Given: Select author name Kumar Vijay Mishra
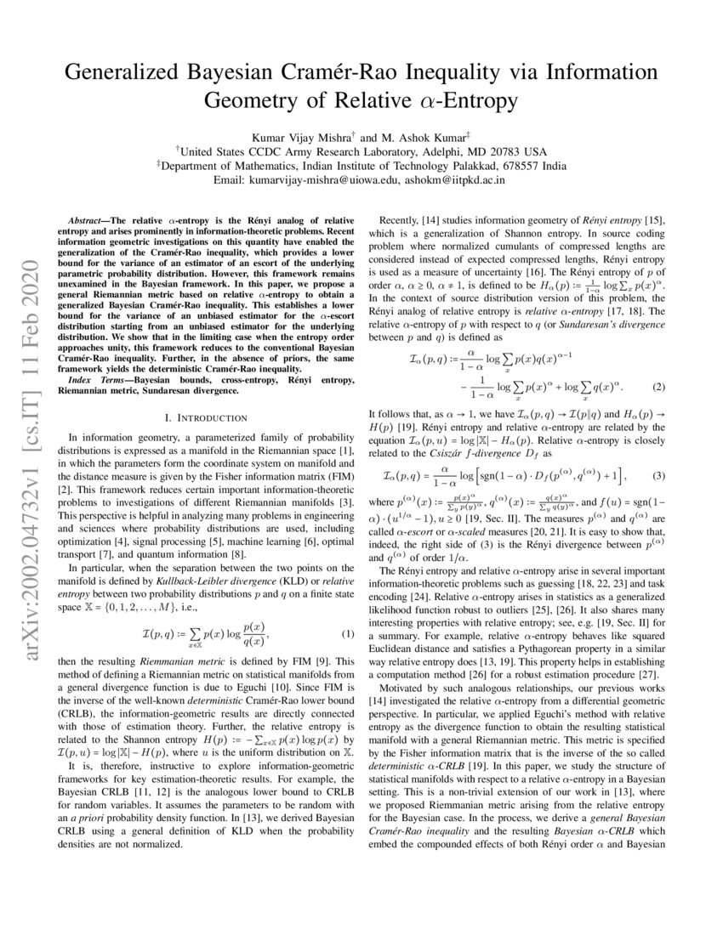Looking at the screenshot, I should (x=305, y=137).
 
